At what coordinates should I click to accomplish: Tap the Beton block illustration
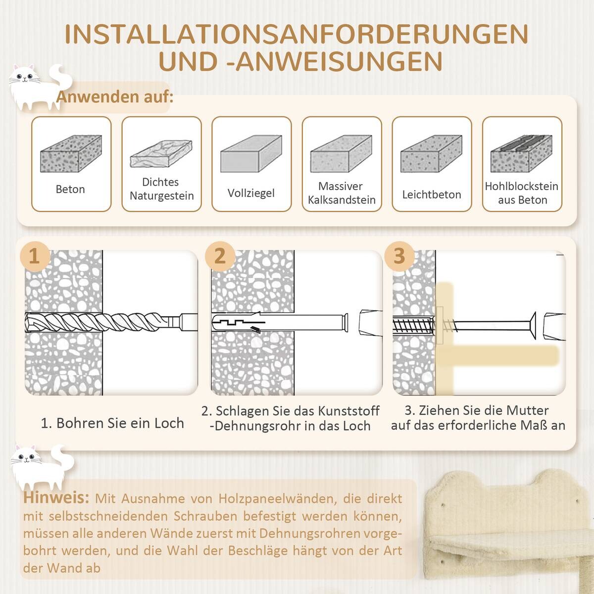tap(71, 153)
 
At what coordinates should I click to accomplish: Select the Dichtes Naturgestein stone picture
tap(161, 153)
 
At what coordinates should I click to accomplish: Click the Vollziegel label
tap(251, 193)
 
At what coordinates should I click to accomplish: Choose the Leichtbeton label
tap(431, 195)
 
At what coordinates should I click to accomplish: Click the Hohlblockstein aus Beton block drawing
tap(521, 153)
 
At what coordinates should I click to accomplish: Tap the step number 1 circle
tap(34, 256)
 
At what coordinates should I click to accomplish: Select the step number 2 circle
tap(219, 255)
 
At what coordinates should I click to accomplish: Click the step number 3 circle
tap(399, 255)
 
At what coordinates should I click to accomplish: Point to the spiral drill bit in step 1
tap(99, 322)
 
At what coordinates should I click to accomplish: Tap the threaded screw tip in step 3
tap(413, 326)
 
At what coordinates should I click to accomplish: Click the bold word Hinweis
tap(55, 497)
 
